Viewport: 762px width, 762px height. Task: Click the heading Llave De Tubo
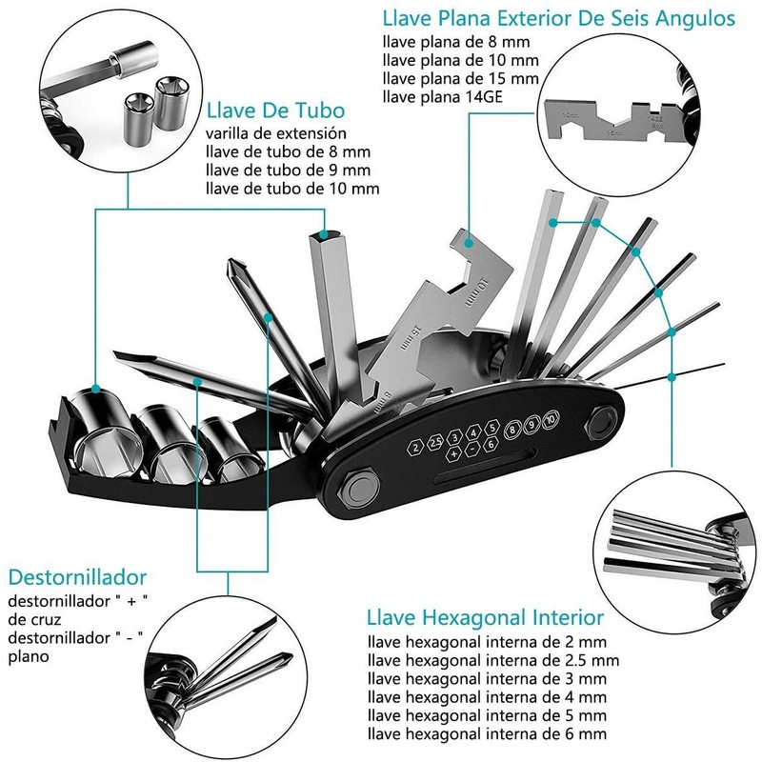tap(275, 110)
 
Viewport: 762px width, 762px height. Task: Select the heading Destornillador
tap(77, 577)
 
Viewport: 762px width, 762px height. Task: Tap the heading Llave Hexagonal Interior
tap(485, 617)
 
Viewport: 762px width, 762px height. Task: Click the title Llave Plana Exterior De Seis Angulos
tap(559, 18)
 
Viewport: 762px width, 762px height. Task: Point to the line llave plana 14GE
tap(442, 97)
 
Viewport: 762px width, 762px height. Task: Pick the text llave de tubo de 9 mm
tap(288, 170)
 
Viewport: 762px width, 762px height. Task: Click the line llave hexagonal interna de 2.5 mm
tap(493, 660)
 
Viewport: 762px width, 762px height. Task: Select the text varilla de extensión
tap(276, 133)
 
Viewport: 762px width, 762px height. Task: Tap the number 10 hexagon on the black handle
tap(551, 419)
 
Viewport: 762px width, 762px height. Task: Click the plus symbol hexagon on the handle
tap(453, 453)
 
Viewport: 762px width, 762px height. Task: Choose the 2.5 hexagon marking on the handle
tap(434, 443)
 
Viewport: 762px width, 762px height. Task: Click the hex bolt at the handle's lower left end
tap(359, 487)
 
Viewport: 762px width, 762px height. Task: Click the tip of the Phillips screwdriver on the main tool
tap(231, 263)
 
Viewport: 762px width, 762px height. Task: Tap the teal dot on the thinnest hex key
tap(672, 377)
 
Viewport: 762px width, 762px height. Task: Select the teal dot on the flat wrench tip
tap(468, 242)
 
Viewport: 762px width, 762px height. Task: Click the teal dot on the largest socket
tap(96, 389)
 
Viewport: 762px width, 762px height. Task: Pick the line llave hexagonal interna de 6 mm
tap(487, 733)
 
